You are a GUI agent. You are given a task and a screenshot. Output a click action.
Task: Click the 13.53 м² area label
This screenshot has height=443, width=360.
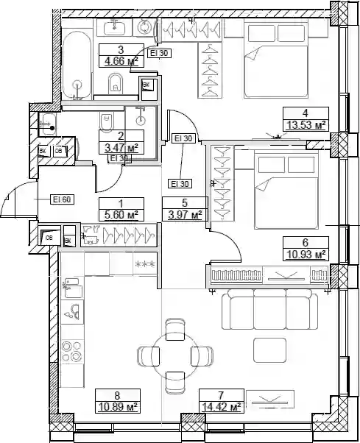[x=306, y=124]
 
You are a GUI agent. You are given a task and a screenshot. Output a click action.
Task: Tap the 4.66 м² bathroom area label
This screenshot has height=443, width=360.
[x=121, y=61]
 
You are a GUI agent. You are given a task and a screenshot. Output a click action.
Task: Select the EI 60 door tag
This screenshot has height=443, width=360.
[x=62, y=199]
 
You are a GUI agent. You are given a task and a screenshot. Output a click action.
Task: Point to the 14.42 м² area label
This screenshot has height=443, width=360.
[x=222, y=407]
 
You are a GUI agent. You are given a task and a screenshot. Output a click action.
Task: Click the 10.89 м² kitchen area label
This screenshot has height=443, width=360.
[x=118, y=407]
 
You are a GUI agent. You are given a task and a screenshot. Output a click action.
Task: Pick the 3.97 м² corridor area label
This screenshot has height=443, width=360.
[x=185, y=215]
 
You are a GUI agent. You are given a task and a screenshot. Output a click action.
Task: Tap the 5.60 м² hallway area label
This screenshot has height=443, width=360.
[x=121, y=216]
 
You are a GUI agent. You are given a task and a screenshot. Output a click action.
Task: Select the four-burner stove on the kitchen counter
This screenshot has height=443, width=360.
[x=71, y=352]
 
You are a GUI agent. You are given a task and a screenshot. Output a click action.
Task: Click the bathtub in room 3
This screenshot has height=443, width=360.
[x=77, y=65]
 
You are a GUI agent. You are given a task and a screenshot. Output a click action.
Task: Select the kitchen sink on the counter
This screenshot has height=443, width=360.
[x=72, y=288]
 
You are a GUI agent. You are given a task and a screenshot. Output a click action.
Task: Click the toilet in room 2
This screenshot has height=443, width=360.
[x=106, y=122]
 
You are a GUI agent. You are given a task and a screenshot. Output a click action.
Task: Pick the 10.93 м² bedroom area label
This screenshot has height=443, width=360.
[x=306, y=255]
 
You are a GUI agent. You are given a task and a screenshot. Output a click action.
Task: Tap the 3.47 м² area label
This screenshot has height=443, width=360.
[x=121, y=147]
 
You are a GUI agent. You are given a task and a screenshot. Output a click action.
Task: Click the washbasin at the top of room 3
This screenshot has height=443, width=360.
[x=115, y=27]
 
